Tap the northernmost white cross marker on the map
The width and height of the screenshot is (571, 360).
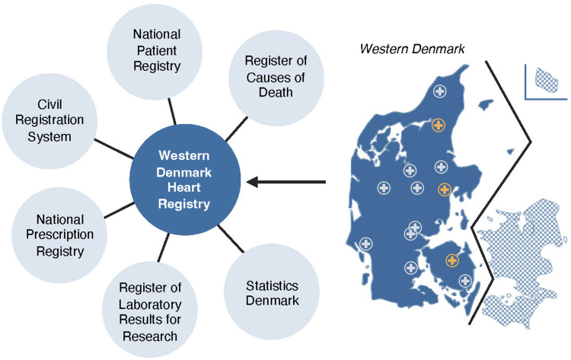click(x=439, y=92)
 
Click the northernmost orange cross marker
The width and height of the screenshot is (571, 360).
click(x=438, y=125)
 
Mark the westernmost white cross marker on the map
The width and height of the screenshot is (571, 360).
click(x=366, y=244)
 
